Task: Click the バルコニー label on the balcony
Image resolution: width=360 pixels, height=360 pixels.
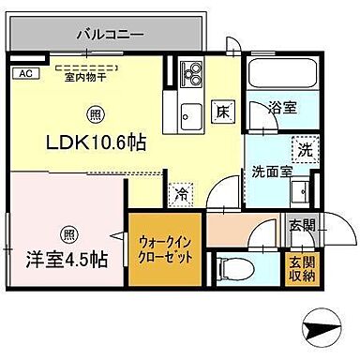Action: click(x=111, y=34)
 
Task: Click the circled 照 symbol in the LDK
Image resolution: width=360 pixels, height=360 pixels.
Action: click(x=96, y=115)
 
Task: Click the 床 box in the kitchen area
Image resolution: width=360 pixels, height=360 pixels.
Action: click(x=224, y=109)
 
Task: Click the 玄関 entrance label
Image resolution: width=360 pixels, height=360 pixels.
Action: click(x=301, y=225)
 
